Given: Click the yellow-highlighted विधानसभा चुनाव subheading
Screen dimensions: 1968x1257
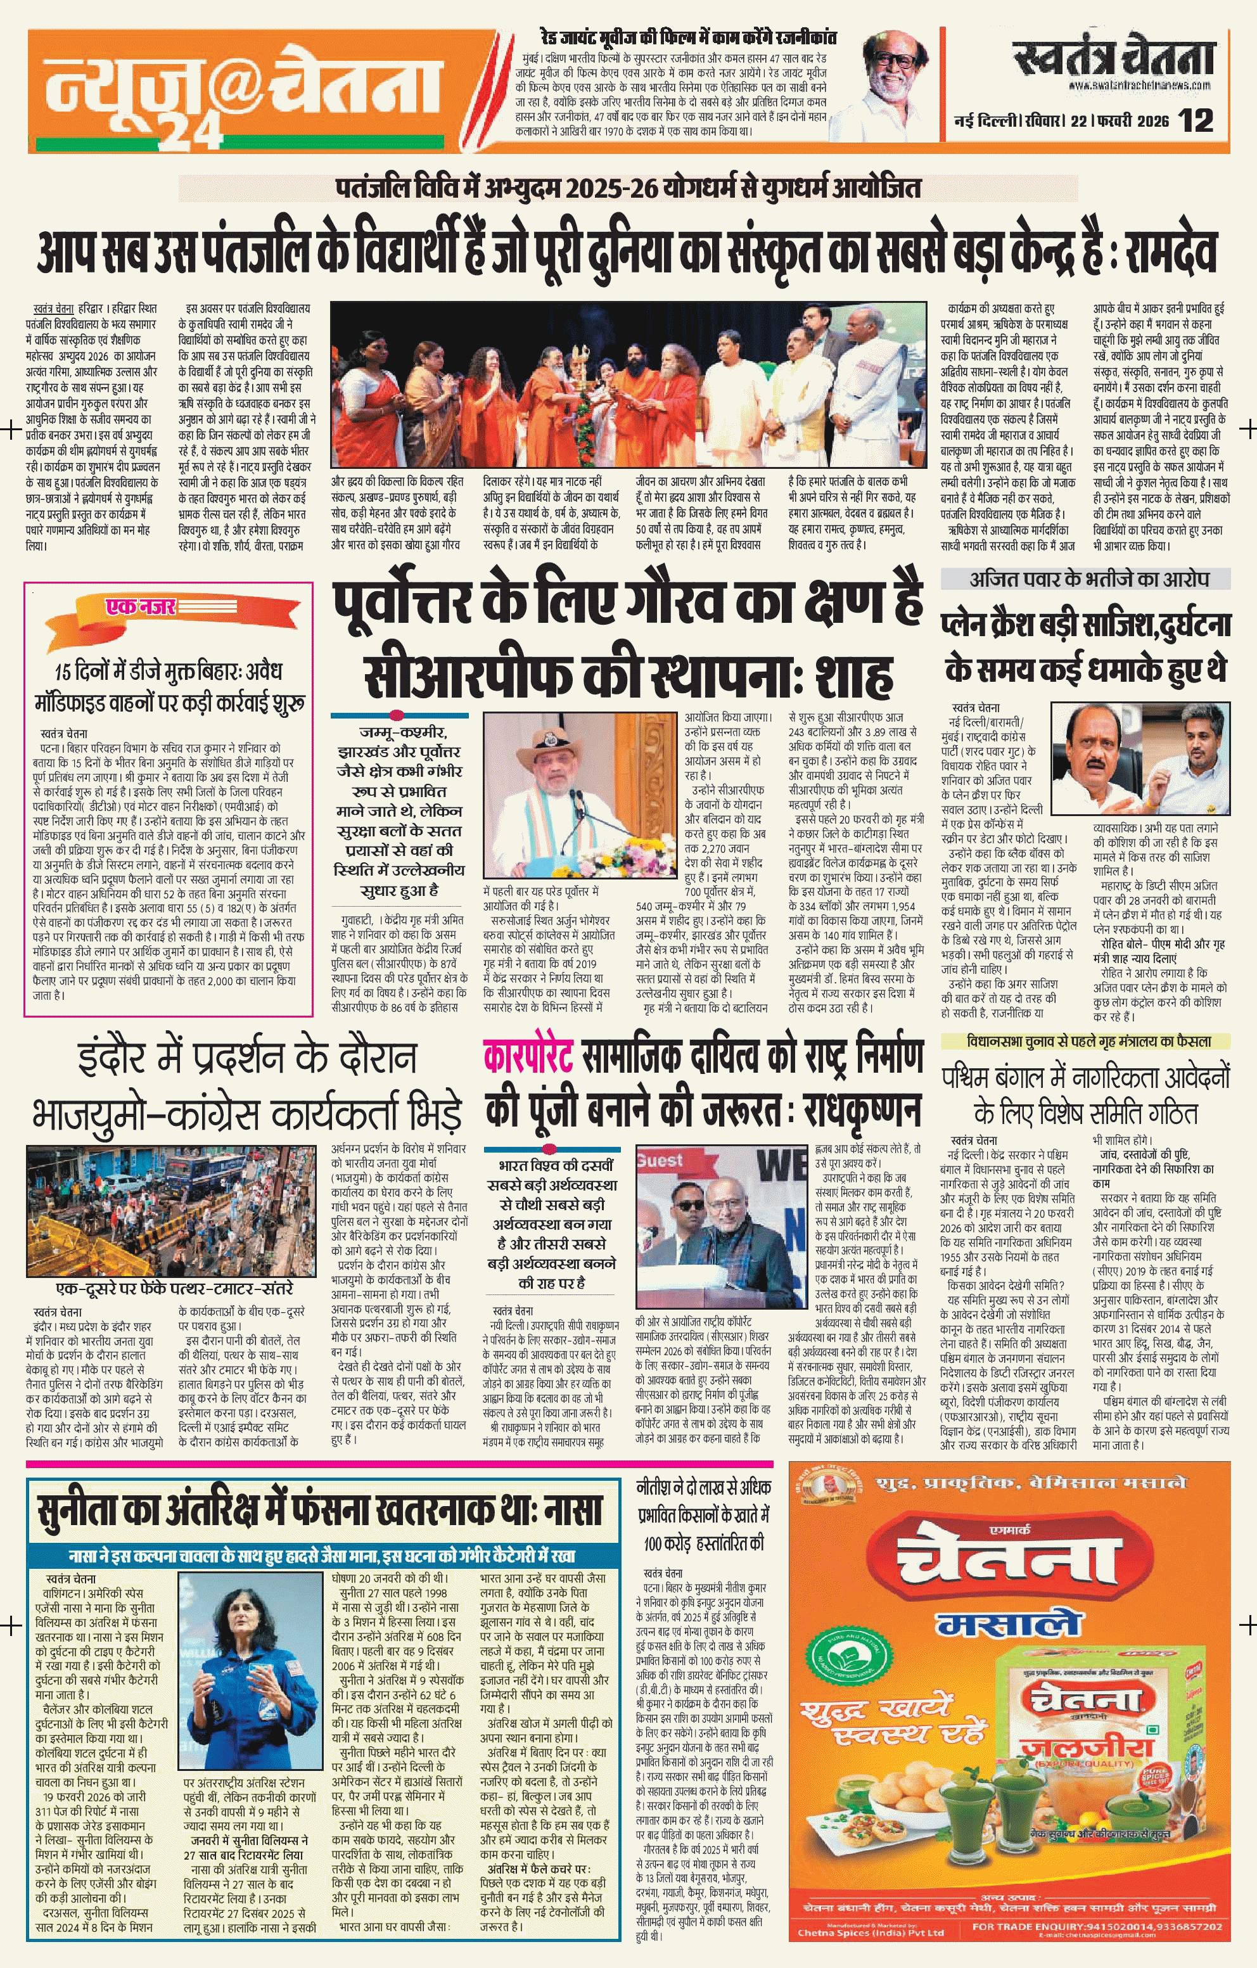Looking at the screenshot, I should pyautogui.click(x=1088, y=1041).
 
